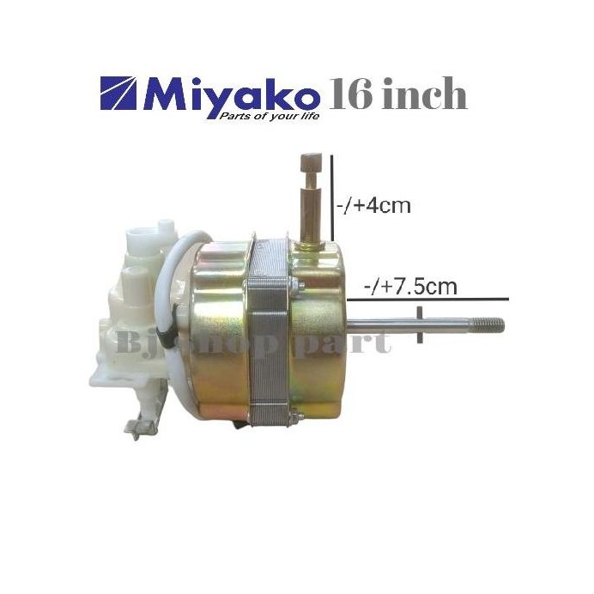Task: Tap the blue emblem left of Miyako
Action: tap(122, 94)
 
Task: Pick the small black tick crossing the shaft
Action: tap(421, 326)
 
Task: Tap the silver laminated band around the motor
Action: tap(272, 335)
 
